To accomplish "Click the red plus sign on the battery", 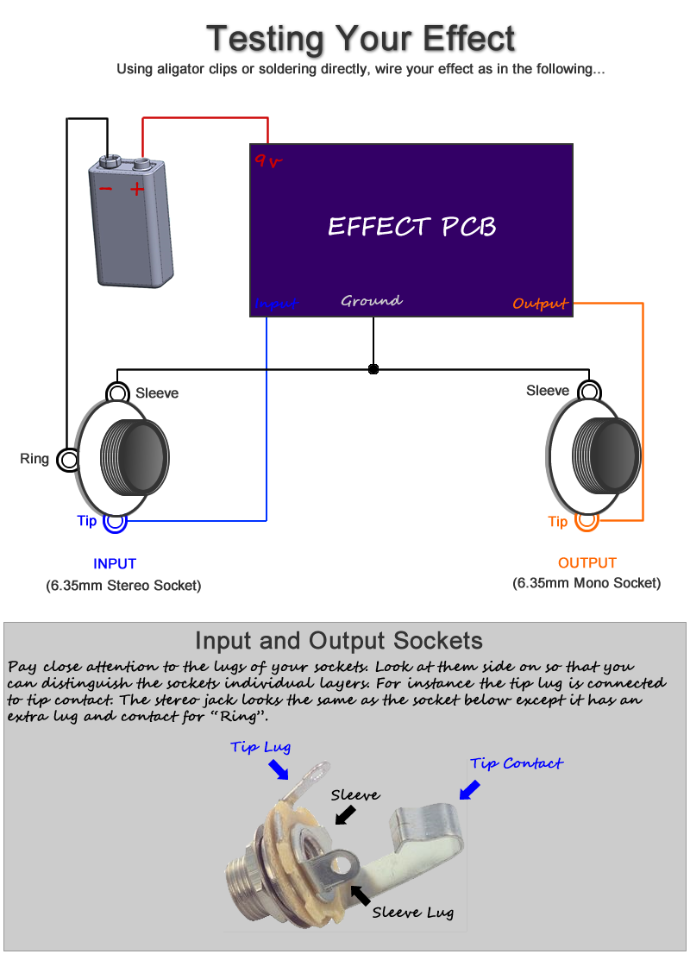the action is click(137, 189).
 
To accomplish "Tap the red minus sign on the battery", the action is click(105, 189).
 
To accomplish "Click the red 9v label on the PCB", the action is click(268, 160).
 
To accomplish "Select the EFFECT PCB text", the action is click(412, 226).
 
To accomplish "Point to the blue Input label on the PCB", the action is click(276, 303).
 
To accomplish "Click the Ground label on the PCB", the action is click(371, 300).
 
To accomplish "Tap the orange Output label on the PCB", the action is click(540, 303).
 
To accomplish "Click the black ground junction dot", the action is click(373, 368).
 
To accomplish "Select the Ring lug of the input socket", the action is click(67, 460).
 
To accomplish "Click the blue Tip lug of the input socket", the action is click(115, 521).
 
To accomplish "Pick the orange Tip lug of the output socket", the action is click(587, 520).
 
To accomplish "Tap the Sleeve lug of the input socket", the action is click(117, 392).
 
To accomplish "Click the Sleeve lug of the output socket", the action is click(589, 391).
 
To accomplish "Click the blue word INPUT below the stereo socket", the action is click(115, 564).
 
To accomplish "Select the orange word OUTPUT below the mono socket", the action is click(587, 562).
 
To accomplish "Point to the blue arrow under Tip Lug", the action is click(279, 769).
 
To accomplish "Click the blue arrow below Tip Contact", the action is click(470, 790).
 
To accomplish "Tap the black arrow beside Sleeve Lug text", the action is click(361, 895).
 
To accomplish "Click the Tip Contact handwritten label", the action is click(517, 763).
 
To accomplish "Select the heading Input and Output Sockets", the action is click(339, 641).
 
